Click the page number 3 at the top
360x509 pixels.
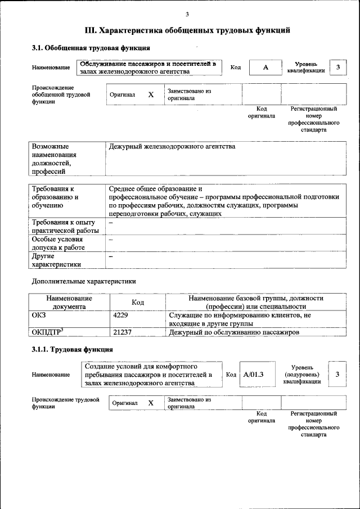(187, 14)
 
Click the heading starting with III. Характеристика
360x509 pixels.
(187, 30)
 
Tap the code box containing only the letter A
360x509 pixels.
(265, 67)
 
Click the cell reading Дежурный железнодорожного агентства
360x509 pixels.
(172, 147)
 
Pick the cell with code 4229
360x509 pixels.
(121, 316)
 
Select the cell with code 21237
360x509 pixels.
(122, 332)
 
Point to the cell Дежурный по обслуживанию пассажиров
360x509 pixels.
(233, 332)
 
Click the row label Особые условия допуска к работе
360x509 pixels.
(58, 244)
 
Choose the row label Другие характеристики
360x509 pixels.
(56, 260)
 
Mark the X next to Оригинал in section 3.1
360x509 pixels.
(151, 95)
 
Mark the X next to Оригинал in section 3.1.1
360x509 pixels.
(151, 403)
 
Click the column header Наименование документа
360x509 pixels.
(69, 302)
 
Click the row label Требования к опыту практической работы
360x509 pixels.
(65, 227)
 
